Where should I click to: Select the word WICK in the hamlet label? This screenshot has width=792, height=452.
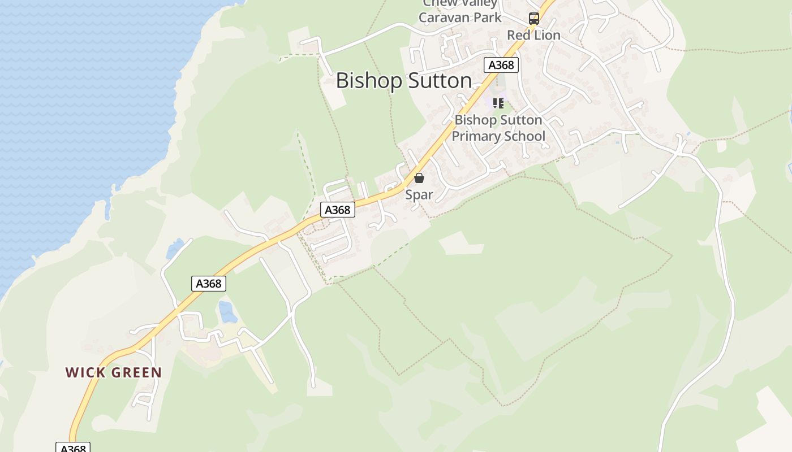tap(85, 373)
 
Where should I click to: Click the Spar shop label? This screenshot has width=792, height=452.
tap(419, 195)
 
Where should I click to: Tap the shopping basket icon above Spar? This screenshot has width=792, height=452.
tap(419, 179)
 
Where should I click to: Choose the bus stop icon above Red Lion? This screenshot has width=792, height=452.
tap(533, 18)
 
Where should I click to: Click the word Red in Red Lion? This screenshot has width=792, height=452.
tap(517, 35)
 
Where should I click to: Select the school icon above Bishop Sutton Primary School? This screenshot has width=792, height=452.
tap(498, 103)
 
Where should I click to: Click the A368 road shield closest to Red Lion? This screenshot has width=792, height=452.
tap(501, 65)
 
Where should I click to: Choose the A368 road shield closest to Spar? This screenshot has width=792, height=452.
tap(338, 210)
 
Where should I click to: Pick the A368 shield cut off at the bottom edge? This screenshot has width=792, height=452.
tap(73, 448)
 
